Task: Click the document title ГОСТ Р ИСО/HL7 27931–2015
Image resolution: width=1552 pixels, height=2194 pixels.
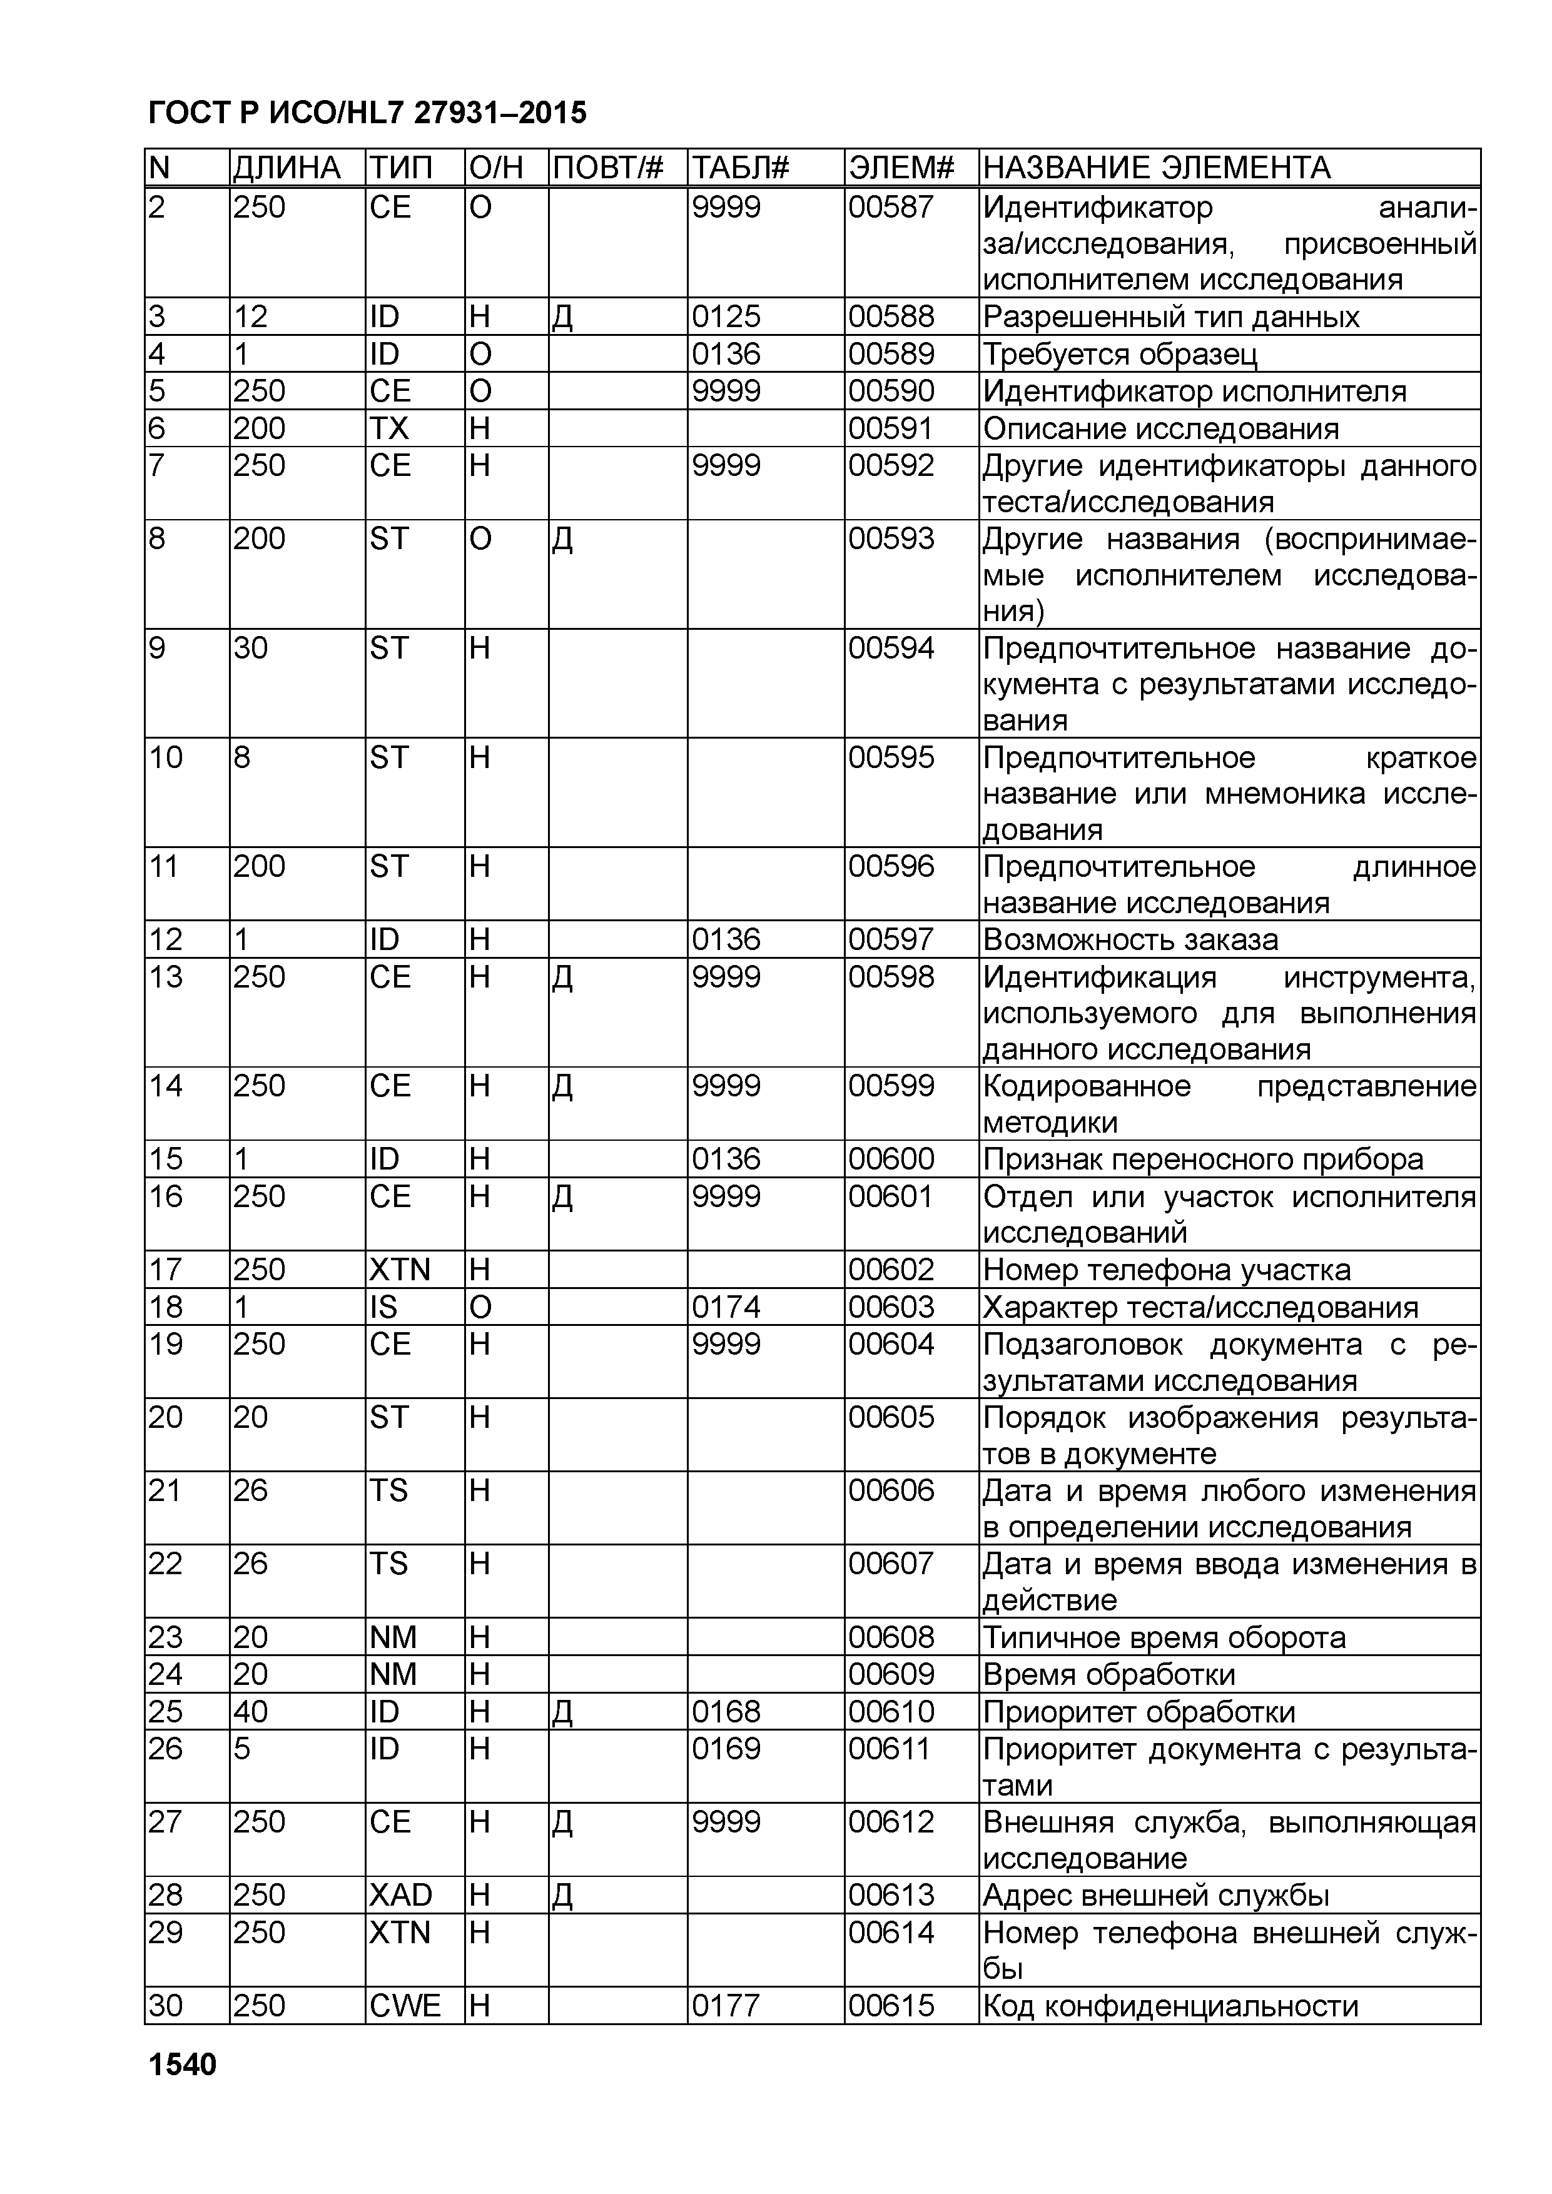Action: [368, 114]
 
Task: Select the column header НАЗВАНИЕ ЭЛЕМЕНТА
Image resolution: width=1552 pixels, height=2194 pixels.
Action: [1157, 168]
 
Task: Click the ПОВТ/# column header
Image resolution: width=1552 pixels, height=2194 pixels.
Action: [608, 168]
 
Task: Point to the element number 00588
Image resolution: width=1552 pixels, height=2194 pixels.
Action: [891, 316]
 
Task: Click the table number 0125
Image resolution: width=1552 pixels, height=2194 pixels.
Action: [726, 316]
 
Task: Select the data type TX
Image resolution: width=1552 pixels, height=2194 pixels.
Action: [389, 428]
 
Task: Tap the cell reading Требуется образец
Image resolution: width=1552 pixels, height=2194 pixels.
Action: [1120, 355]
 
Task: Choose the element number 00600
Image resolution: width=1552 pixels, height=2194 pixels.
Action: [891, 1159]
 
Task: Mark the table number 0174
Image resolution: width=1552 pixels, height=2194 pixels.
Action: [726, 1307]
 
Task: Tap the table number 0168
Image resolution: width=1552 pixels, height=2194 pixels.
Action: [726, 1711]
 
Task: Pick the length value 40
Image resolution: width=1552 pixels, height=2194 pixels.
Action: [250, 1711]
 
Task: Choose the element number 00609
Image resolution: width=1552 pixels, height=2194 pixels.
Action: [891, 1674]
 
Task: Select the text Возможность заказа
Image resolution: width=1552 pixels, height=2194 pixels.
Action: [1130, 939]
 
